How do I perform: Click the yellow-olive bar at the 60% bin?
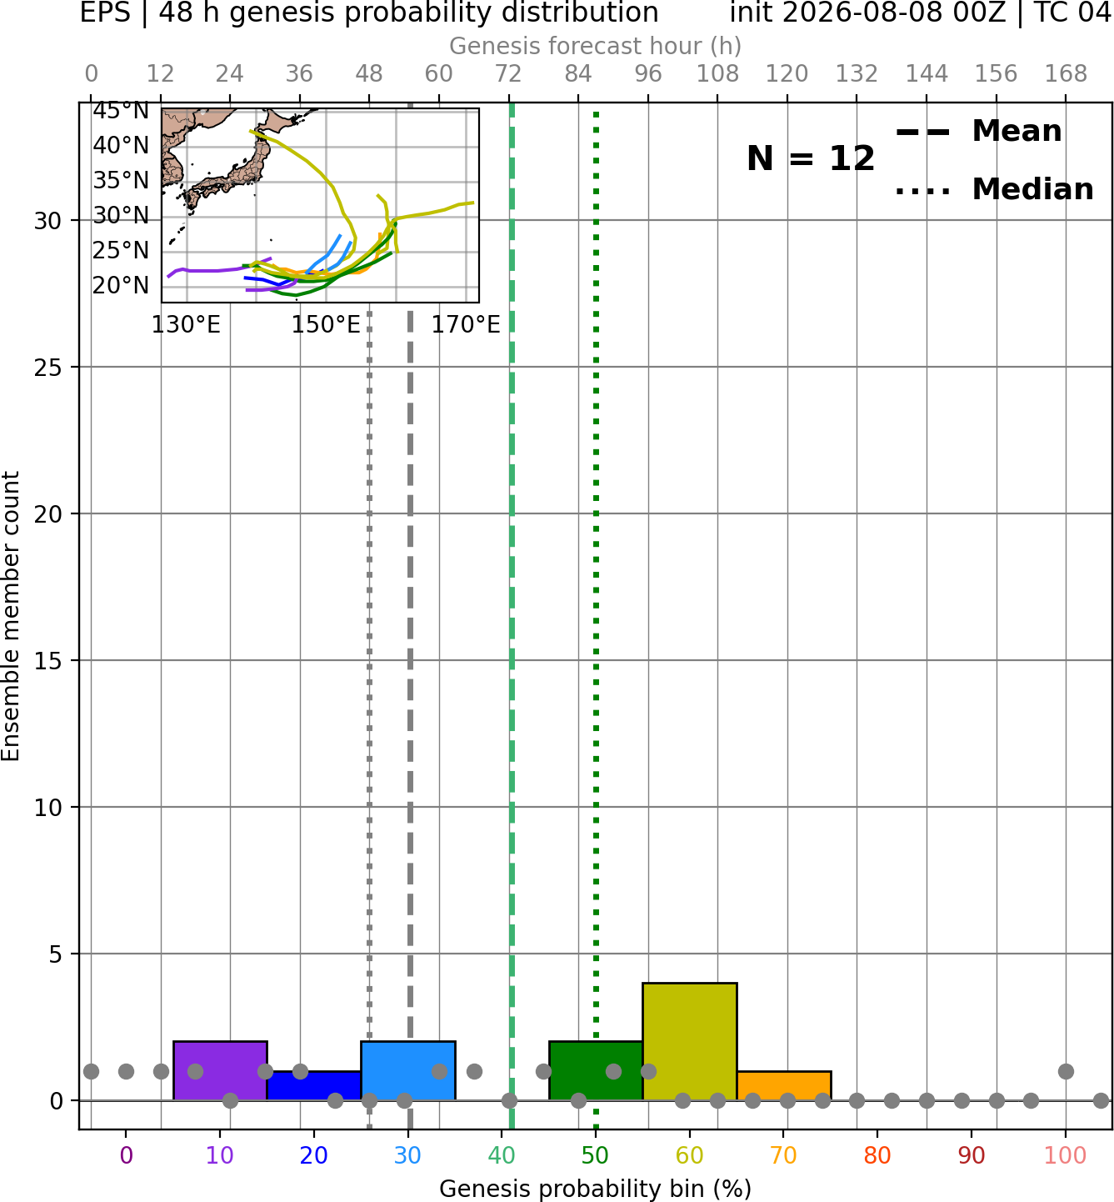(x=689, y=1041)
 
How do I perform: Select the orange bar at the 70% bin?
(x=783, y=1086)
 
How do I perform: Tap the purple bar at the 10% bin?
(x=220, y=1070)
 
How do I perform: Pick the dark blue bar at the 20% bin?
(x=313, y=1086)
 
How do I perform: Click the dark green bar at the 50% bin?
(x=596, y=1070)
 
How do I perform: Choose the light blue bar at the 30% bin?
(x=407, y=1070)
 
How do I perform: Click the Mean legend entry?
(x=978, y=132)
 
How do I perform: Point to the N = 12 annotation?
(x=810, y=158)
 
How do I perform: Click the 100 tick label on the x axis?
(x=1065, y=1154)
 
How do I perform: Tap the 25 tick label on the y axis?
(x=48, y=368)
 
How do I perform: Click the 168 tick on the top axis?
(x=1066, y=74)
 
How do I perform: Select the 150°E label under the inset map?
(x=326, y=325)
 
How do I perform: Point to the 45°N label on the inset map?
(x=121, y=111)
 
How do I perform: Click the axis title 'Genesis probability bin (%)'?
(x=596, y=1188)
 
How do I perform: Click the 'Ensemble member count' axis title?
(x=11, y=616)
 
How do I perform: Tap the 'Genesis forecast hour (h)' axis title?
(x=596, y=46)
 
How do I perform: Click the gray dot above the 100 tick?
(x=1066, y=1071)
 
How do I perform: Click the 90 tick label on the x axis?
(x=972, y=1154)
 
